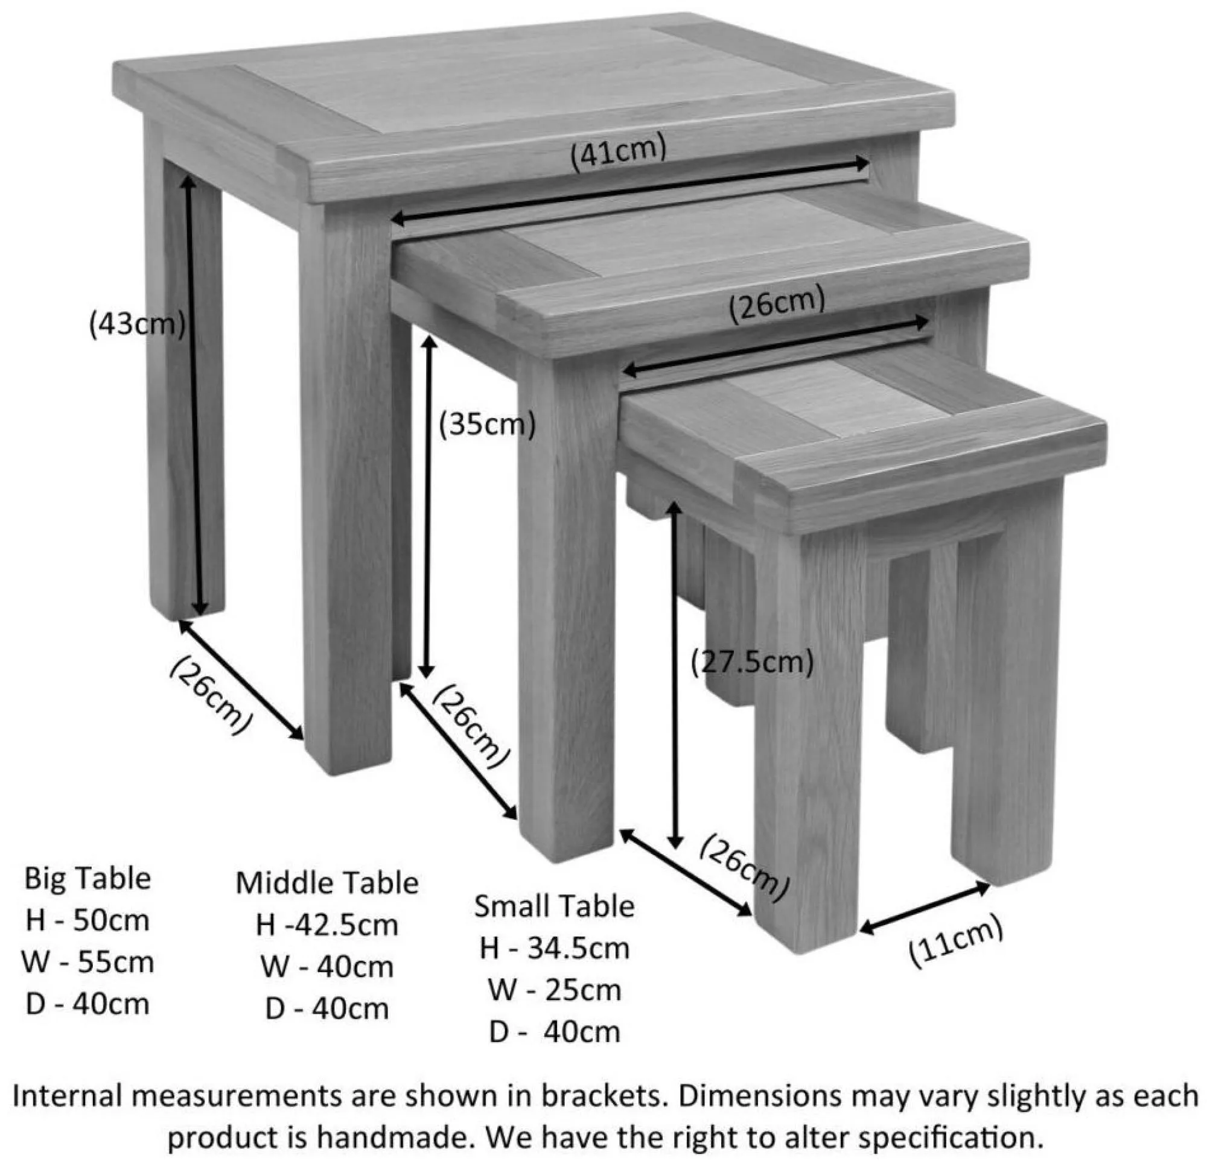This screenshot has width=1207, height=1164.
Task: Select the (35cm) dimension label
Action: (486, 424)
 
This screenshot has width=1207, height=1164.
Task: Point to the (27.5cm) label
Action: (752, 662)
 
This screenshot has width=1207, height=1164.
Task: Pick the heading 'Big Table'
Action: (88, 879)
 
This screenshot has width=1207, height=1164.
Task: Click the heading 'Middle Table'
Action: (327, 884)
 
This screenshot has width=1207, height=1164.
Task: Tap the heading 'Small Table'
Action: (554, 906)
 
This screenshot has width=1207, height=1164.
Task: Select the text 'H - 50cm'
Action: (88, 921)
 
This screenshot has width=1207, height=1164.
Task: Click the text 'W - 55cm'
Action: (88, 963)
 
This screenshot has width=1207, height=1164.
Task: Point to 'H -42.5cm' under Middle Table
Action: (327, 925)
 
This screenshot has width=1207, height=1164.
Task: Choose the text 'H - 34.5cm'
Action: (554, 949)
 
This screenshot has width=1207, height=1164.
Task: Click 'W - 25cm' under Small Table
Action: (554, 990)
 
